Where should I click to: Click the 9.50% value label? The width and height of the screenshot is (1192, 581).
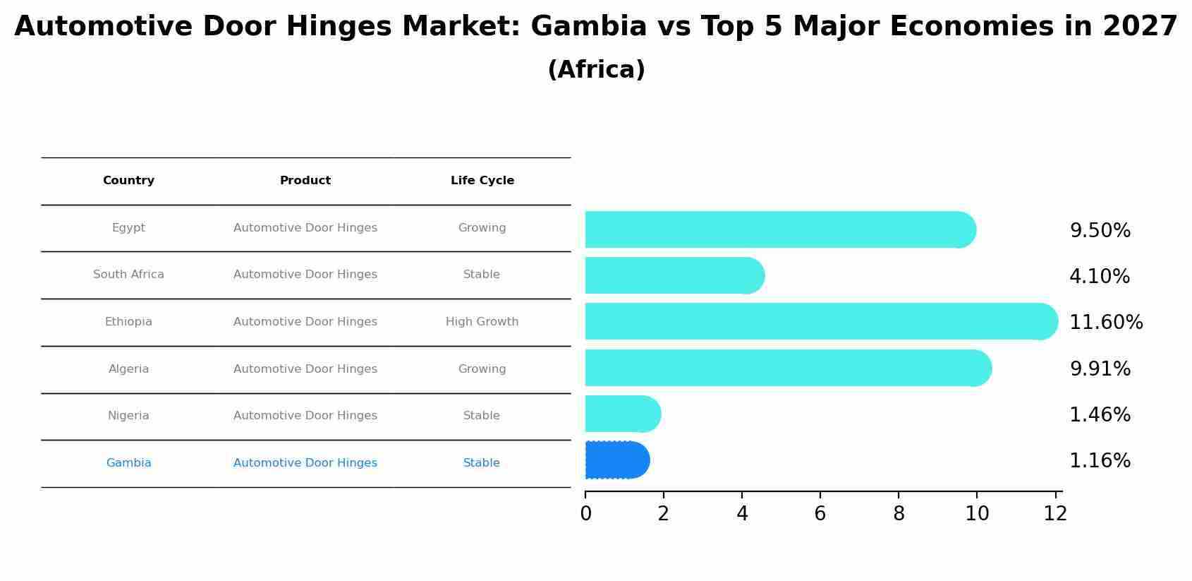pyautogui.click(x=1100, y=231)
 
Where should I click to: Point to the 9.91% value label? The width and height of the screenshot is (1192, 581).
pyautogui.click(x=1100, y=369)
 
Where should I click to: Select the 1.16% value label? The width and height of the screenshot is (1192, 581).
pyautogui.click(x=1100, y=461)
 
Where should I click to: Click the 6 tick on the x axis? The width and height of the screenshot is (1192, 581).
pyautogui.click(x=820, y=514)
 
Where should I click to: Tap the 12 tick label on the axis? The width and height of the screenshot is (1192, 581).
pyautogui.click(x=1055, y=514)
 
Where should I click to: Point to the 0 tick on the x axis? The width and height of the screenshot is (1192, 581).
pyautogui.click(x=585, y=514)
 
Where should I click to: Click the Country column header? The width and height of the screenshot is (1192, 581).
pyautogui.click(x=128, y=181)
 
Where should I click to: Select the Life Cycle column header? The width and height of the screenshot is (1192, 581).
pyautogui.click(x=482, y=181)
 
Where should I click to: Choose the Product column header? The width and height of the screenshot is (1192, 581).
pyautogui.click(x=305, y=181)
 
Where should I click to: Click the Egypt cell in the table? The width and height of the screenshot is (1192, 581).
pyautogui.click(x=128, y=228)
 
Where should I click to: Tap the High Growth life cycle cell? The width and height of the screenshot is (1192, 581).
pyautogui.click(x=482, y=322)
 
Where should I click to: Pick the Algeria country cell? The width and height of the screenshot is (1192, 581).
pyautogui.click(x=128, y=369)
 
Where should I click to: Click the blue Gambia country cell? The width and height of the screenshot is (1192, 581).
pyautogui.click(x=128, y=463)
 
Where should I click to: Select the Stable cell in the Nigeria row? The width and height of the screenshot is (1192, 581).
pyautogui.click(x=482, y=416)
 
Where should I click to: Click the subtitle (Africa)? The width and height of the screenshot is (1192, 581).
pyautogui.click(x=596, y=70)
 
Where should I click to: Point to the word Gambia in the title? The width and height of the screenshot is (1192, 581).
pyautogui.click(x=588, y=27)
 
